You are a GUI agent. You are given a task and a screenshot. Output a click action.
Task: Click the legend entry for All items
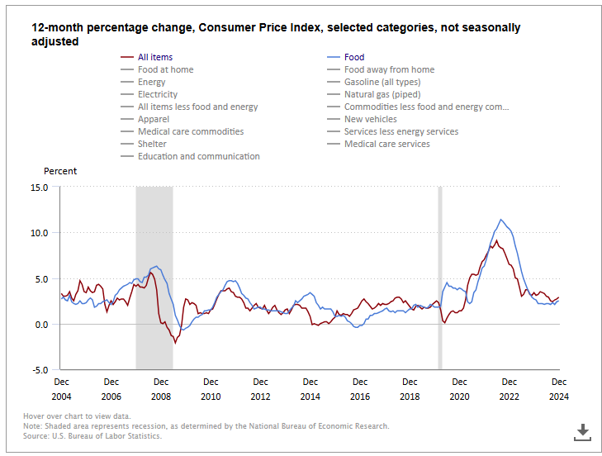[x=155, y=57]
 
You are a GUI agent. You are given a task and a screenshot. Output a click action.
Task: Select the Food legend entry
[x=353, y=57]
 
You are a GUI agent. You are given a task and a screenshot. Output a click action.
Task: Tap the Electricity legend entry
[x=157, y=94]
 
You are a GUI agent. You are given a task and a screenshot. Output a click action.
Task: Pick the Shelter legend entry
[x=153, y=144]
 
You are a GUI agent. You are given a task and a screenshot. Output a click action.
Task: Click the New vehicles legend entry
[x=370, y=119]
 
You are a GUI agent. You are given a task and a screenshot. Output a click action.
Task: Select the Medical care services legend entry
[x=386, y=144]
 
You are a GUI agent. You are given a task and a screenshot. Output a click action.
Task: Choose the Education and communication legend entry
[x=198, y=156]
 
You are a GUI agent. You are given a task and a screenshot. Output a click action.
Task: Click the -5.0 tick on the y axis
[x=39, y=369]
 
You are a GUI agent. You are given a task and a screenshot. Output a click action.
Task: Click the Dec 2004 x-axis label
[x=62, y=388]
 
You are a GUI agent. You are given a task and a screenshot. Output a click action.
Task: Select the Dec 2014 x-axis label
[x=310, y=388]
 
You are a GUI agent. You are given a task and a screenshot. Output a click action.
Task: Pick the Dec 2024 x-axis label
[x=559, y=388]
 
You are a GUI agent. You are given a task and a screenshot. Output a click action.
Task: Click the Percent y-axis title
[x=60, y=171]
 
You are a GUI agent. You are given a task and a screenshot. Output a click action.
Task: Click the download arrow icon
[x=582, y=430]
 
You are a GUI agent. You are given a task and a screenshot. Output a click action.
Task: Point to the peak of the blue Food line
[x=500, y=220]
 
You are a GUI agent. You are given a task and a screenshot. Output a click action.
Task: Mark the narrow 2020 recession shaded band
[x=440, y=278]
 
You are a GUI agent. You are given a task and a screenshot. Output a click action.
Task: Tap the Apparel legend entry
[x=154, y=119]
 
